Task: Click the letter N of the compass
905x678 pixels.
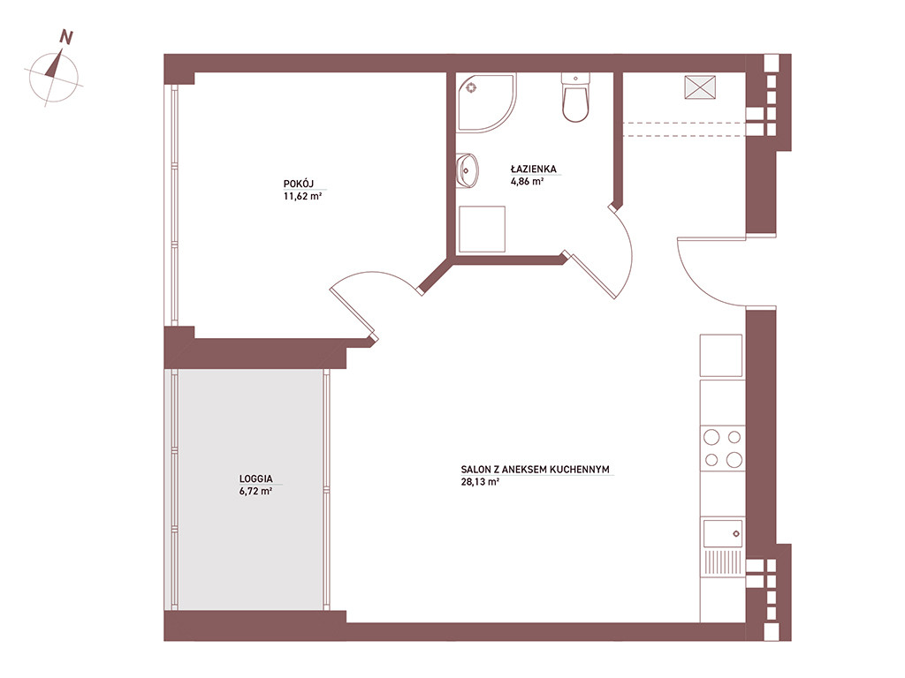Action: click(x=66, y=37)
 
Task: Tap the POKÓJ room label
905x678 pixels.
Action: click(x=299, y=184)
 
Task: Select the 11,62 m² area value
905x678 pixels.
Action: click(x=302, y=196)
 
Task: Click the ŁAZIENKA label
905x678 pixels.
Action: click(x=533, y=169)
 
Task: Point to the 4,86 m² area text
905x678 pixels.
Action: click(x=527, y=181)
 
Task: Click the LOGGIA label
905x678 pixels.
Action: click(x=255, y=478)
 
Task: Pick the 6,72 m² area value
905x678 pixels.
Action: click(x=255, y=491)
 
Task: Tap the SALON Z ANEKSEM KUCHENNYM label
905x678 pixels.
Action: click(x=535, y=470)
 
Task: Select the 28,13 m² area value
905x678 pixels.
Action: click(x=480, y=481)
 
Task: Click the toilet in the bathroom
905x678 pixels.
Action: click(x=575, y=97)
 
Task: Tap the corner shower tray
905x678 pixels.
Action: click(x=486, y=102)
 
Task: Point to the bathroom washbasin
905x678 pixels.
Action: click(x=468, y=170)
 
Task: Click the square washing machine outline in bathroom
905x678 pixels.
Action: click(x=482, y=229)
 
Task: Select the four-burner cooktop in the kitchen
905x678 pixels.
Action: click(x=722, y=448)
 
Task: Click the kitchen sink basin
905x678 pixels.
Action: click(x=723, y=532)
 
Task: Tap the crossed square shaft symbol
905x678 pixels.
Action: click(x=700, y=87)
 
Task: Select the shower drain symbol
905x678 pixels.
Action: click(x=472, y=87)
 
